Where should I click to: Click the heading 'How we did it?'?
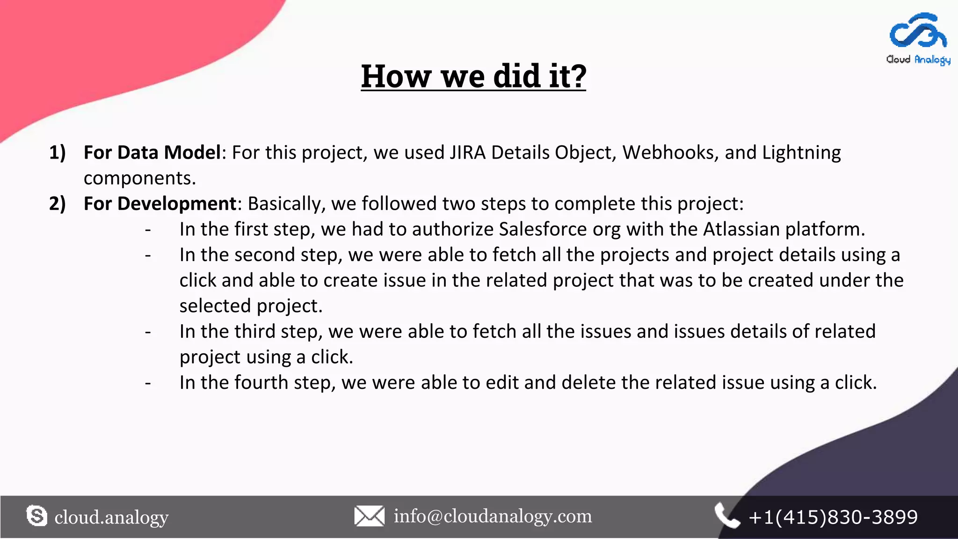click(x=473, y=76)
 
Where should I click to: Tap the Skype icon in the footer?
click(x=36, y=516)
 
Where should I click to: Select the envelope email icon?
click(x=369, y=516)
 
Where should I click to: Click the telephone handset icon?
click(x=726, y=516)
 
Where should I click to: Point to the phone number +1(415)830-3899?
click(x=833, y=517)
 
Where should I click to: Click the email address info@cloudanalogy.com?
click(x=493, y=516)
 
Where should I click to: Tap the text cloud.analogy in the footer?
click(x=111, y=517)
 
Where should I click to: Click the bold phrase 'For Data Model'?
click(x=152, y=153)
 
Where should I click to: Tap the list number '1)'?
click(x=58, y=153)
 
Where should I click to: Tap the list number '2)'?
click(x=58, y=204)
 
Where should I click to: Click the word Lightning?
click(x=801, y=153)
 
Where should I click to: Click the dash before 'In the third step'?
click(x=148, y=332)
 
